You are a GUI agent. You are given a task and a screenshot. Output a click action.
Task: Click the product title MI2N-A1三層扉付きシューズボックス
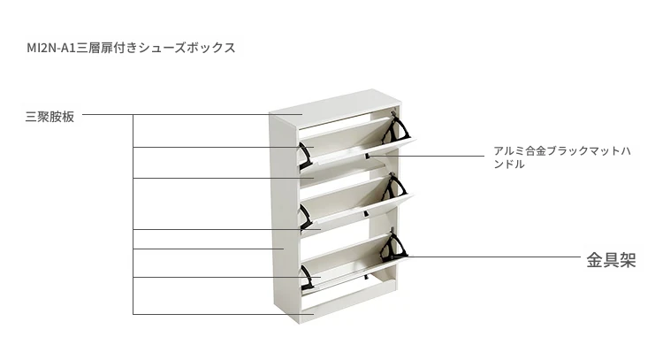click(x=131, y=48)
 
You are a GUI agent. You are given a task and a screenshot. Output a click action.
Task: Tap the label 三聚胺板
click(x=50, y=117)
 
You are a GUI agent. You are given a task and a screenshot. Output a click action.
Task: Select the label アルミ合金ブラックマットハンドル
click(x=562, y=157)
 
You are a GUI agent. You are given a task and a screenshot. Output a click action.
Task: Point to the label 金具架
click(x=611, y=260)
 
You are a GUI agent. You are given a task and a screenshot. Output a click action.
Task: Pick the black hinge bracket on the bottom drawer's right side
click(x=393, y=247)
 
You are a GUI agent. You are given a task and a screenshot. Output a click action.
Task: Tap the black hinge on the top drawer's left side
click(x=305, y=156)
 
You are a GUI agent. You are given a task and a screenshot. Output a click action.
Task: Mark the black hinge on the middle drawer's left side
click(x=305, y=217)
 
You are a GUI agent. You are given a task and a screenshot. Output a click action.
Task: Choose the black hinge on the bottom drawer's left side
click(x=306, y=278)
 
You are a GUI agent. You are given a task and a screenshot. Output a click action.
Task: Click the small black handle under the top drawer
click(x=368, y=156)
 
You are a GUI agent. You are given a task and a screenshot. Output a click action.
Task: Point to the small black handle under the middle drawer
click(x=366, y=214)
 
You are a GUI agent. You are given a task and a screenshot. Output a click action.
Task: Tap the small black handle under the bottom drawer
click(x=366, y=277)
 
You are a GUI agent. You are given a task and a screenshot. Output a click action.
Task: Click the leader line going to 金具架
click(x=486, y=257)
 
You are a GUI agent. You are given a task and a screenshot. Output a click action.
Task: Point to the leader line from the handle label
click(x=426, y=156)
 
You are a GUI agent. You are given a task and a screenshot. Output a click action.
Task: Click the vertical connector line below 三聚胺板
click(x=133, y=214)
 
